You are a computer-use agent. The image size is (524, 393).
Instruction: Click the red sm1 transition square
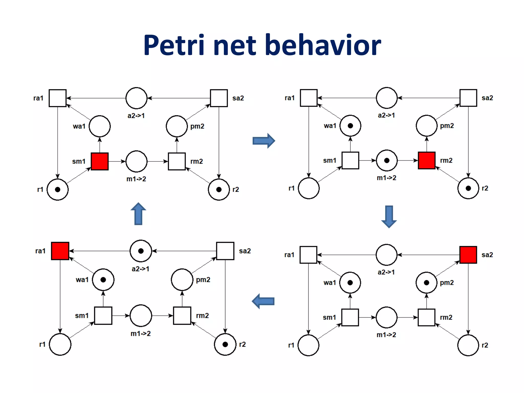pyautogui.click(x=100, y=161)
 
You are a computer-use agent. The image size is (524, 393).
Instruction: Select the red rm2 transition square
pyautogui.click(x=427, y=160)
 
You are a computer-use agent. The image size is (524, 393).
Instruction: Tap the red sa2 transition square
pyautogui.click(x=468, y=255)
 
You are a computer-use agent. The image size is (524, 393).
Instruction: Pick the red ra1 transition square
pyautogui.click(x=60, y=251)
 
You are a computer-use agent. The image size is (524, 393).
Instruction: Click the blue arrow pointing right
pyautogui.click(x=264, y=140)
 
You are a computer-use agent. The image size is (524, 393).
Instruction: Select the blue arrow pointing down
pyautogui.click(x=389, y=216)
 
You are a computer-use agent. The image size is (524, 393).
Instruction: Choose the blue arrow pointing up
pyautogui.click(x=138, y=214)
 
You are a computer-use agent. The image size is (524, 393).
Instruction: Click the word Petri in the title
pyautogui.click(x=174, y=45)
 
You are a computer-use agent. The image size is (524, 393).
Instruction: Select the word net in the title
pyautogui.click(x=235, y=45)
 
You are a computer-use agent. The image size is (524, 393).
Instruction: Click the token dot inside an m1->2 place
pyautogui.click(x=387, y=160)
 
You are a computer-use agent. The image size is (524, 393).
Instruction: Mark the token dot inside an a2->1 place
pyautogui.click(x=141, y=251)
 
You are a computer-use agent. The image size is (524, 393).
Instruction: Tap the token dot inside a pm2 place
pyautogui.click(x=427, y=283)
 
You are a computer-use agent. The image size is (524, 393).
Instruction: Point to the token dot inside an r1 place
pyautogui.click(x=58, y=190)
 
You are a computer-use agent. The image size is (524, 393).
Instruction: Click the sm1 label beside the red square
pyautogui.click(x=79, y=161)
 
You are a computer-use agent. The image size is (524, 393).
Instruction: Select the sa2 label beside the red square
pyautogui.click(x=487, y=255)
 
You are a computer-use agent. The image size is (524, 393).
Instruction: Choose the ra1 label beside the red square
pyautogui.click(x=40, y=251)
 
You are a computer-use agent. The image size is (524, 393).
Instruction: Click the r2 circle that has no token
pyautogui.click(x=468, y=345)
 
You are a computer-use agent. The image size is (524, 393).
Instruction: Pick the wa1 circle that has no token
pyautogui.click(x=100, y=126)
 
